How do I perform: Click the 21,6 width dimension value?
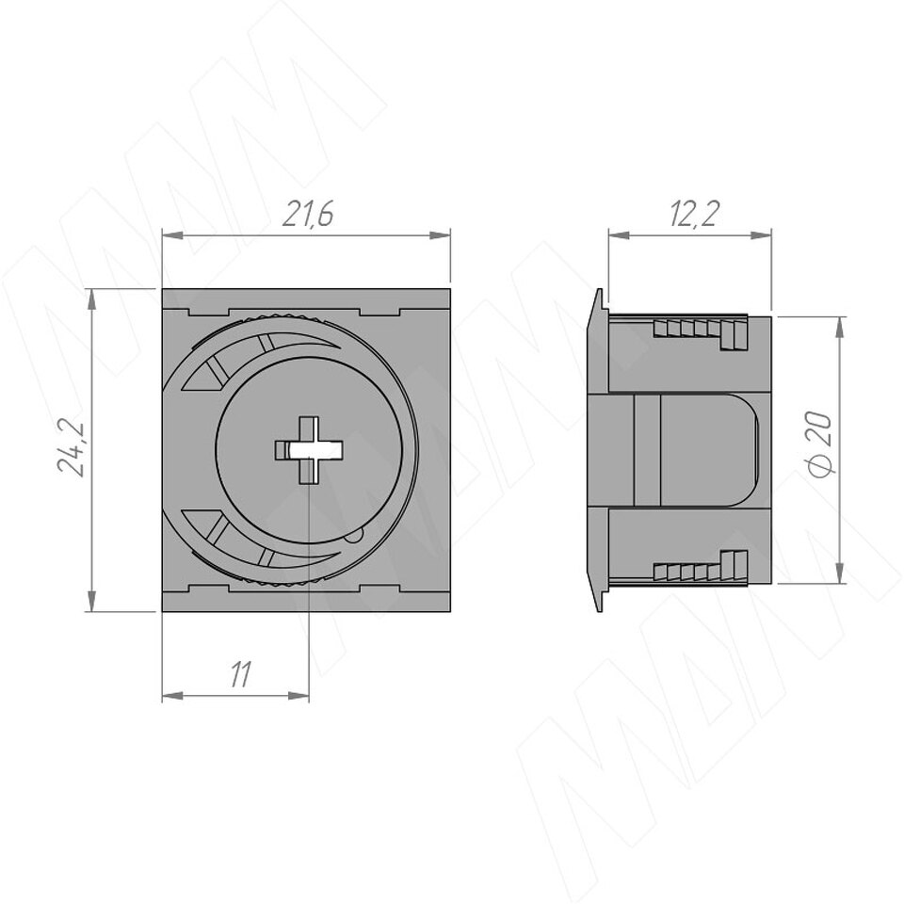coord(309,215)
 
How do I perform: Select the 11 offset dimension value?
coord(240,675)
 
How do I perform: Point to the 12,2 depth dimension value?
coord(694,215)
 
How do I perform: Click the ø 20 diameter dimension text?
coord(819,444)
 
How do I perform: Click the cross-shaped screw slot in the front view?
coord(309,450)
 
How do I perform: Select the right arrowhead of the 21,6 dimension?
coord(440,235)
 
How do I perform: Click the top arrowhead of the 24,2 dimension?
coord(91,299)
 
